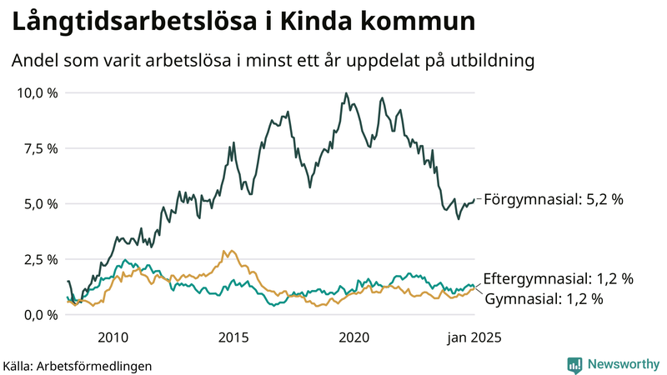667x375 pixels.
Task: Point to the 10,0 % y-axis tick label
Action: (38, 92)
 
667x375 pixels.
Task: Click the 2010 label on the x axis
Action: (113, 337)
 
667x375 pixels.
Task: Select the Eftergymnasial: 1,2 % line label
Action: (558, 278)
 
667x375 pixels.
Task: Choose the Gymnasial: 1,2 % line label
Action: (543, 298)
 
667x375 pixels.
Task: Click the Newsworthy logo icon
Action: (574, 364)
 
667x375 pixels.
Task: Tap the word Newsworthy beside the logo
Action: (622, 364)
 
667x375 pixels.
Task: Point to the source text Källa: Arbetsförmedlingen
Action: (78, 365)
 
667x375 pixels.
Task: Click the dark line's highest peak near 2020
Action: (345, 94)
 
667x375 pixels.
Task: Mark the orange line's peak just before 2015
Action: (223, 251)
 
